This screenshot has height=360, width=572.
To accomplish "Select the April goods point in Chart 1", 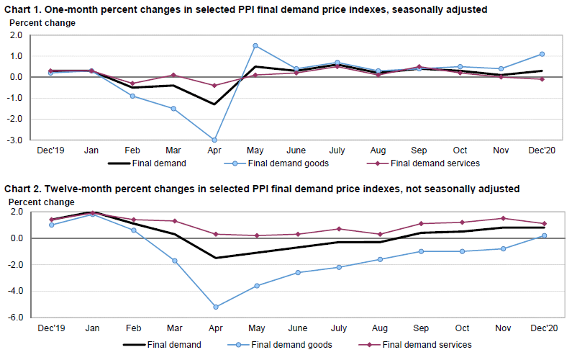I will click(214, 140).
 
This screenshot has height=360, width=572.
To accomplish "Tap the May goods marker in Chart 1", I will click(255, 45).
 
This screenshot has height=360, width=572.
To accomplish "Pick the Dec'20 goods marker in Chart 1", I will click(542, 54).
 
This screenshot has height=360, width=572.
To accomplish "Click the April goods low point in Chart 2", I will click(214, 307).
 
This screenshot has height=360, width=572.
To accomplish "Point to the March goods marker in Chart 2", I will click(173, 261).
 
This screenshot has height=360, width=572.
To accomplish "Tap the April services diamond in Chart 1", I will click(214, 86).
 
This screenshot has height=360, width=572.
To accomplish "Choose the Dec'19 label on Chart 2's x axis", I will click(50, 328).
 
